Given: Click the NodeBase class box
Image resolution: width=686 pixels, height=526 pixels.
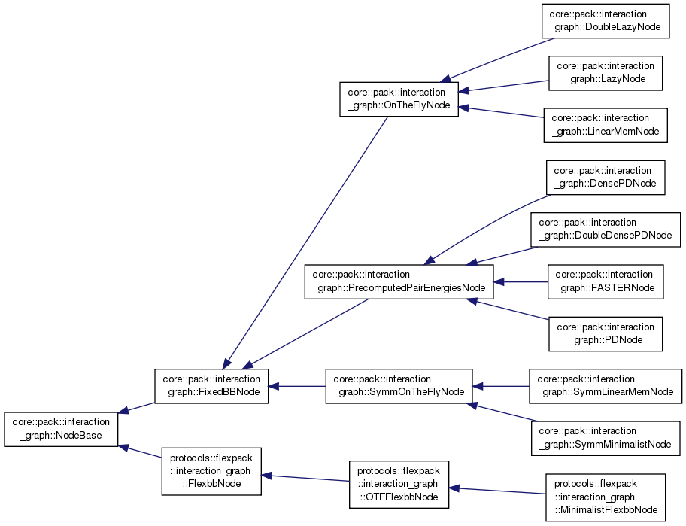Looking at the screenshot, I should (62, 429).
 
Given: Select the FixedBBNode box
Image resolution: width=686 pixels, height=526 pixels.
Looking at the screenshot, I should (211, 386).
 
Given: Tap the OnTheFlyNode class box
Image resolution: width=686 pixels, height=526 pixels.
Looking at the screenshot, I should (399, 99).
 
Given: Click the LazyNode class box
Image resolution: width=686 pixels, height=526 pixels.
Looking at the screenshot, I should (606, 72).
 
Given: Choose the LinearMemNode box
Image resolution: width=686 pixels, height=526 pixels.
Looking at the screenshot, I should (606, 125).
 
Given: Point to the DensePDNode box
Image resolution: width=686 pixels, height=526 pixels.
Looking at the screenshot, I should (606, 177).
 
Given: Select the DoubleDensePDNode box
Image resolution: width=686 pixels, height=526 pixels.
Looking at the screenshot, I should (606, 229).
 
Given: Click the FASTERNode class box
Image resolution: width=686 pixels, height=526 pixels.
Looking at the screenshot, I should (606, 281).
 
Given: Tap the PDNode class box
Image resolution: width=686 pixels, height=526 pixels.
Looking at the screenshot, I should (606, 333).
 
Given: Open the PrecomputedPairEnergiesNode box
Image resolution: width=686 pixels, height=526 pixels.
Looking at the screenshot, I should (399, 281).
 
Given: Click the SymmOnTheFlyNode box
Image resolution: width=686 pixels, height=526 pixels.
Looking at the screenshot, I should (399, 386).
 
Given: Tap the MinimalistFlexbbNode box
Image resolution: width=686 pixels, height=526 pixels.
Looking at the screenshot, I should (606, 498).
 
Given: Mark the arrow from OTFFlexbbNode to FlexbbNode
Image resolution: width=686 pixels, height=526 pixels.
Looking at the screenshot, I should (305, 479).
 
